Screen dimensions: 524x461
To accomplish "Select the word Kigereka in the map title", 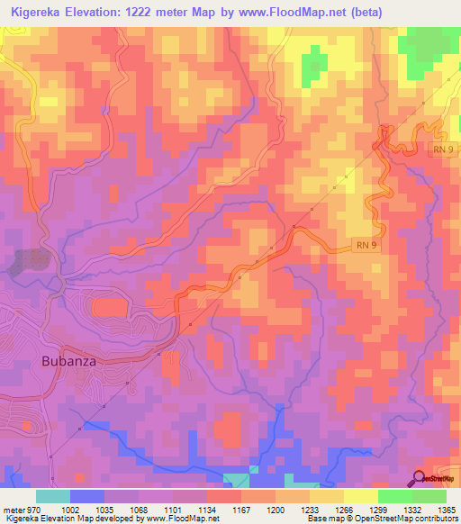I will point(41,13).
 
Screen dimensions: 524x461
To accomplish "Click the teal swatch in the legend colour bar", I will point(53,496).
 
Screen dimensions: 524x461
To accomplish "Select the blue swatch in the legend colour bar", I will point(87,496).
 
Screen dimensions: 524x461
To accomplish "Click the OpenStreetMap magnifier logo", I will point(419,478).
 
